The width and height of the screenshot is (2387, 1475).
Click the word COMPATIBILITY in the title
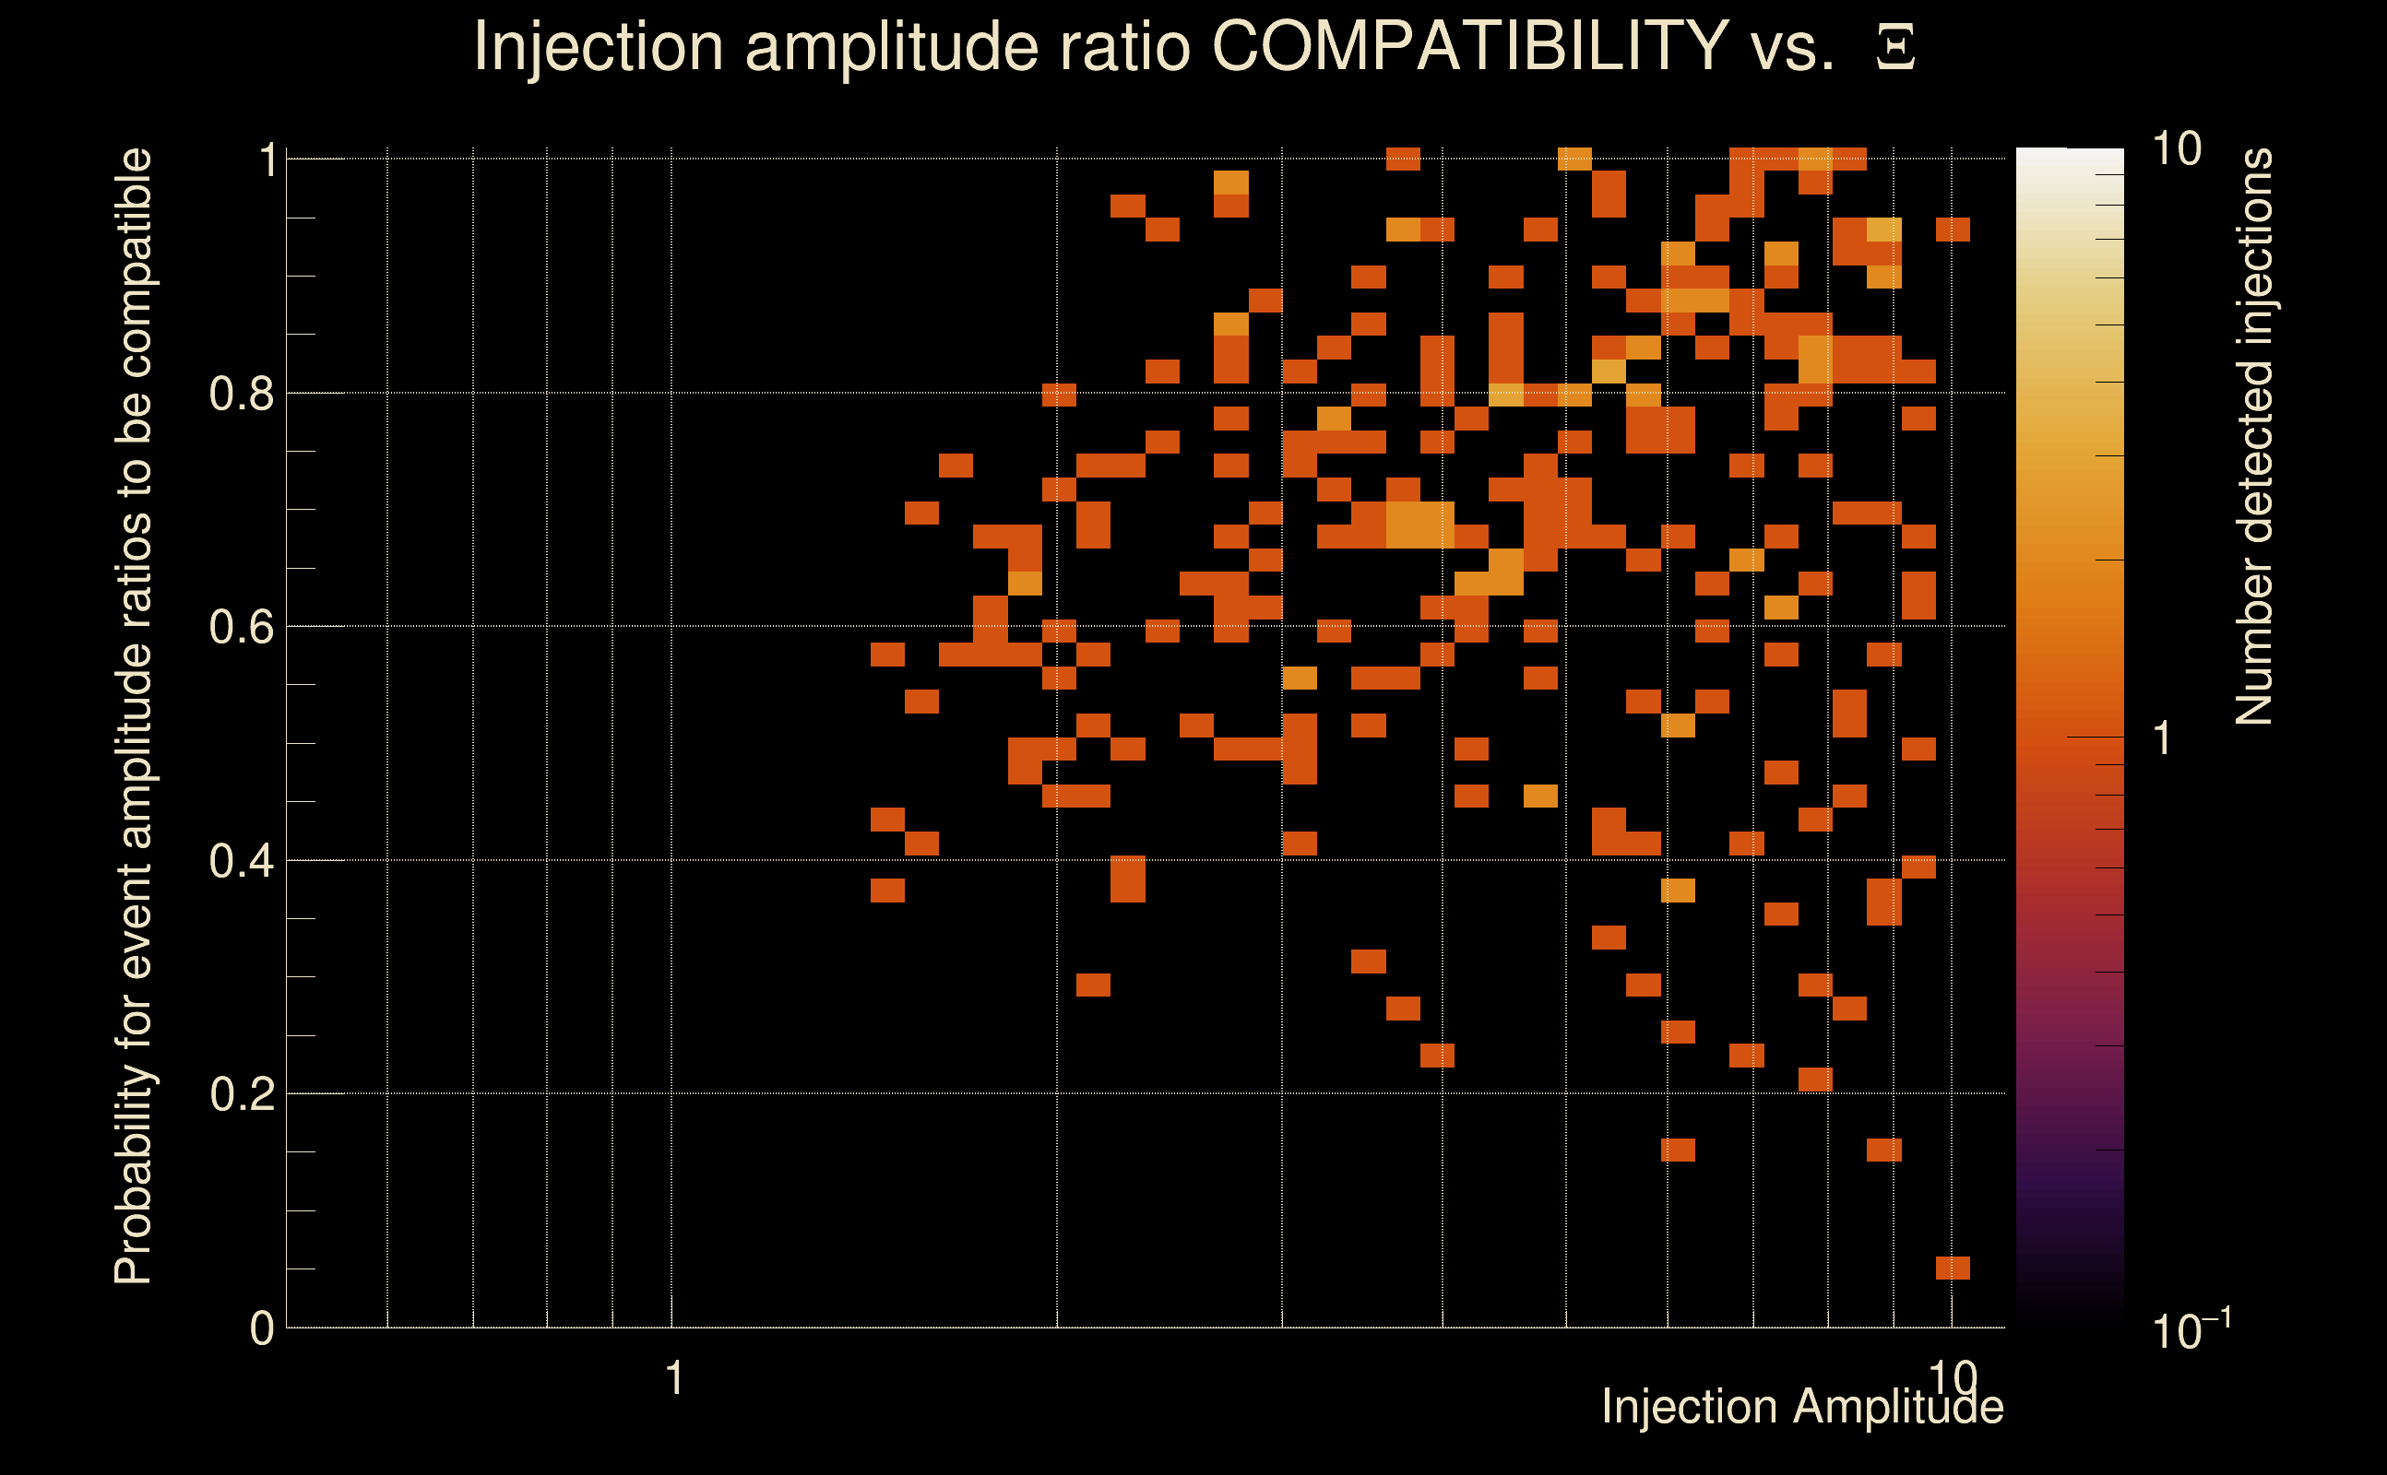click(x=1469, y=46)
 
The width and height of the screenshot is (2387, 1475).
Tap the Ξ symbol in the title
click(x=1895, y=48)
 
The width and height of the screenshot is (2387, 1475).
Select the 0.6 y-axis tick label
click(x=241, y=626)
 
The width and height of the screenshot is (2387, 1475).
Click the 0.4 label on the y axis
click(x=241, y=860)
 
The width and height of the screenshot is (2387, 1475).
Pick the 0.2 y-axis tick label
click(x=241, y=1093)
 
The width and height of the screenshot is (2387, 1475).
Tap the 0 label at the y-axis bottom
click(x=262, y=1327)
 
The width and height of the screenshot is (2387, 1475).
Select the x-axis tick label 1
click(x=673, y=1378)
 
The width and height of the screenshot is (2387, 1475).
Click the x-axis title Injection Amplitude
click(x=1801, y=1407)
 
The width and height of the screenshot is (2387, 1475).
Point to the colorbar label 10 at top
click(x=2176, y=149)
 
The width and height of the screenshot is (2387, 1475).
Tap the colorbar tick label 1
click(x=2163, y=738)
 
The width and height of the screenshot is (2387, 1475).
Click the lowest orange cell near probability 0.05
click(x=1953, y=1268)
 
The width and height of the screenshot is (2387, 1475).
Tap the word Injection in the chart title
click(x=599, y=46)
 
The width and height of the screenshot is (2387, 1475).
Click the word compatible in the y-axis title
click(x=134, y=263)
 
